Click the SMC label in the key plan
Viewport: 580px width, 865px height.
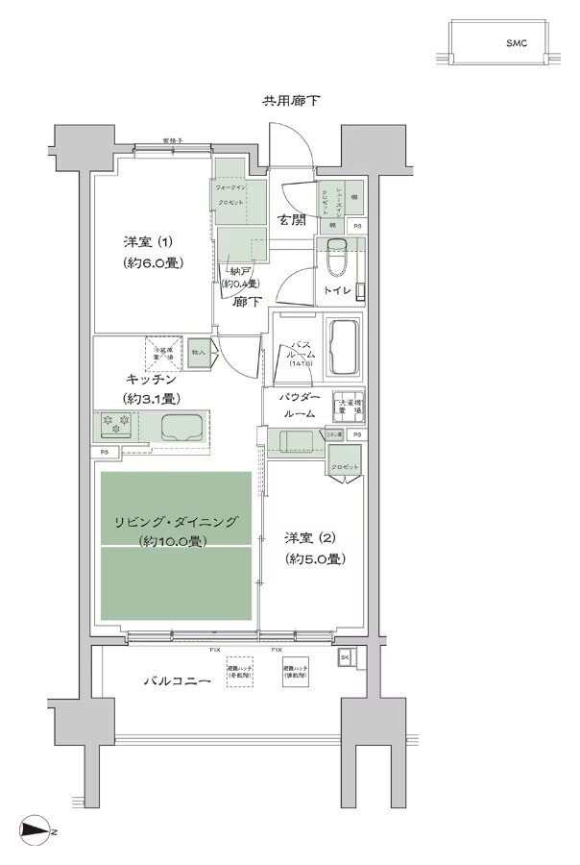pos(518,43)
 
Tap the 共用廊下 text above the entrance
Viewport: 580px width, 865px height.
pos(292,101)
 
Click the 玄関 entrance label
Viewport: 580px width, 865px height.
pos(293,219)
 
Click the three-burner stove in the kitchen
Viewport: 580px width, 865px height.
pos(114,423)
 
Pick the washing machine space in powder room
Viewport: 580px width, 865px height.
pos(348,406)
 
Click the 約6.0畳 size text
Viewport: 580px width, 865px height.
pos(153,262)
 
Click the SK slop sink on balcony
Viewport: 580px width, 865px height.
pos(346,658)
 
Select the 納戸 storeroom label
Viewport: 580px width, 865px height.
pos(236,271)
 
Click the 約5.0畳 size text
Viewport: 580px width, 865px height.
pos(315,557)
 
